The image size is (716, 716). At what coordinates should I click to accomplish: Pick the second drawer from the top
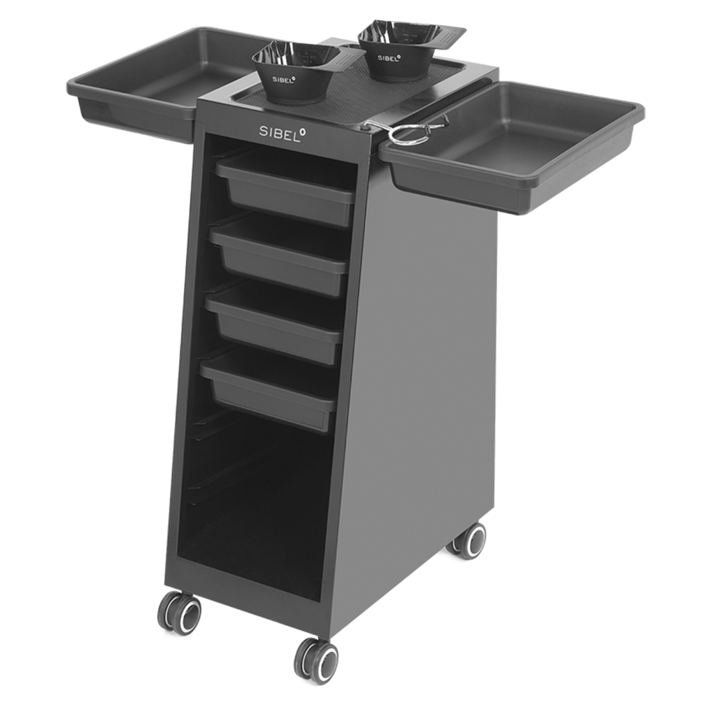click(280, 254)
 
